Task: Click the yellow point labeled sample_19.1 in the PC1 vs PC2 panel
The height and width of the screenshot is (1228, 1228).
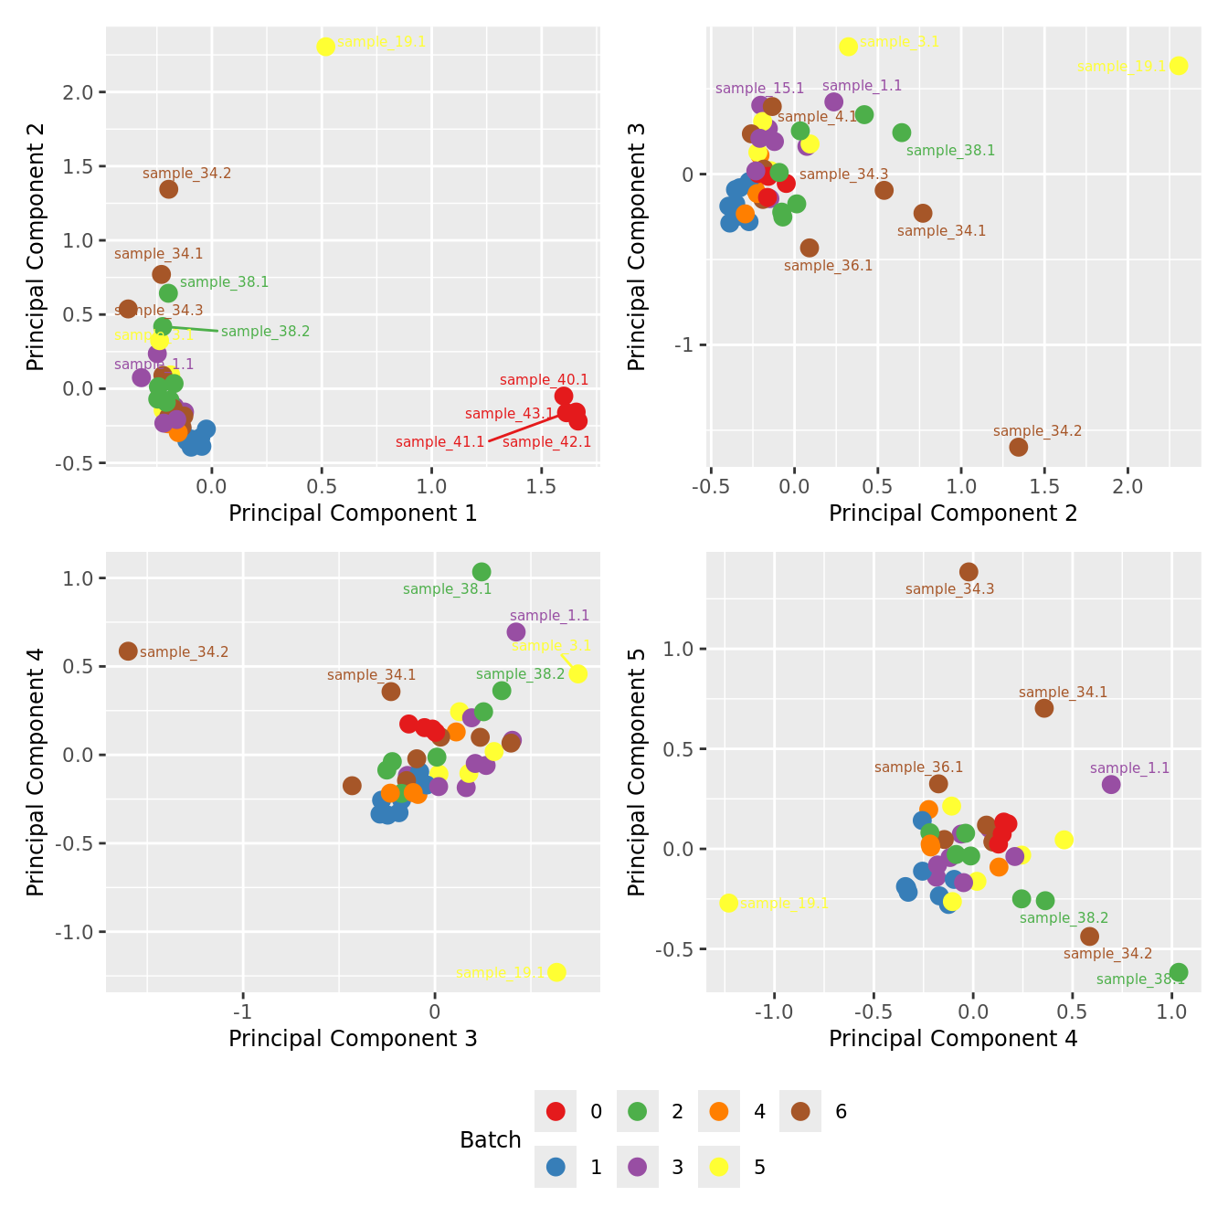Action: point(325,47)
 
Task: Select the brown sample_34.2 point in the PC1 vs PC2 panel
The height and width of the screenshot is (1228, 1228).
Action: point(168,189)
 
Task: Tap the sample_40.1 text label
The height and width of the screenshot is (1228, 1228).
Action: point(544,380)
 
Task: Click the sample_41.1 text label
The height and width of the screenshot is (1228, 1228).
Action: point(439,442)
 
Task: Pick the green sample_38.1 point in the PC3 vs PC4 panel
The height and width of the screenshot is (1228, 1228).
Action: point(482,572)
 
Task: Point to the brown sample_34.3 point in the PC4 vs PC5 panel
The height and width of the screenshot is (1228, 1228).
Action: point(969,572)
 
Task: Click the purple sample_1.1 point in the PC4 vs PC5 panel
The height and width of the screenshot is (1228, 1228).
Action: point(1111,784)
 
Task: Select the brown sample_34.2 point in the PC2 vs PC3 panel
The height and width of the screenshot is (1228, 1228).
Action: point(1018,447)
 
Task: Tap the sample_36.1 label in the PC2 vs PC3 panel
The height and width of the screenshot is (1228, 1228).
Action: point(828,266)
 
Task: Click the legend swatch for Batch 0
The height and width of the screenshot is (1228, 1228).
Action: point(556,1111)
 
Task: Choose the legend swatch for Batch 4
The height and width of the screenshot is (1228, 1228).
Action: point(719,1111)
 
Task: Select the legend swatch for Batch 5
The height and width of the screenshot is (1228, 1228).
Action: point(719,1167)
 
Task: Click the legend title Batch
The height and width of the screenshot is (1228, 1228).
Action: point(491,1140)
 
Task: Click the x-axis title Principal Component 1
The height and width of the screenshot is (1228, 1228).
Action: point(353,513)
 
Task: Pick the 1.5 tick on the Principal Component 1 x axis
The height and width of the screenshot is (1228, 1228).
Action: point(542,484)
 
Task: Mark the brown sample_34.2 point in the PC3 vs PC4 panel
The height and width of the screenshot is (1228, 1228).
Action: point(128,651)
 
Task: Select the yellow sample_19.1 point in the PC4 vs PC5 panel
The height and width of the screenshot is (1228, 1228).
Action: point(728,903)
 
